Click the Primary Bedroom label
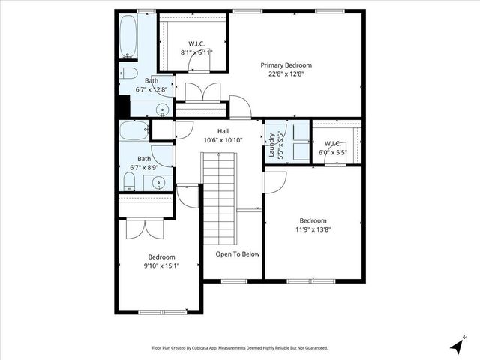pyautogui.click(x=286, y=65)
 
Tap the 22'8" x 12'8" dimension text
pyautogui.click(x=286, y=73)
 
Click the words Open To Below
pyautogui.click(x=238, y=253)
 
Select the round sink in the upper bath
pyautogui.click(x=160, y=109)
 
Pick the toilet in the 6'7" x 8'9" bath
pyautogui.click(x=130, y=181)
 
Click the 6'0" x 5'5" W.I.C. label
pyautogui.click(x=333, y=148)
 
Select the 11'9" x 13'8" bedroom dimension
pyautogui.click(x=313, y=229)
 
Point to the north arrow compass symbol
pyautogui.click(x=456, y=346)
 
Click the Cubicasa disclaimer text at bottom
pyautogui.click(x=239, y=348)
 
